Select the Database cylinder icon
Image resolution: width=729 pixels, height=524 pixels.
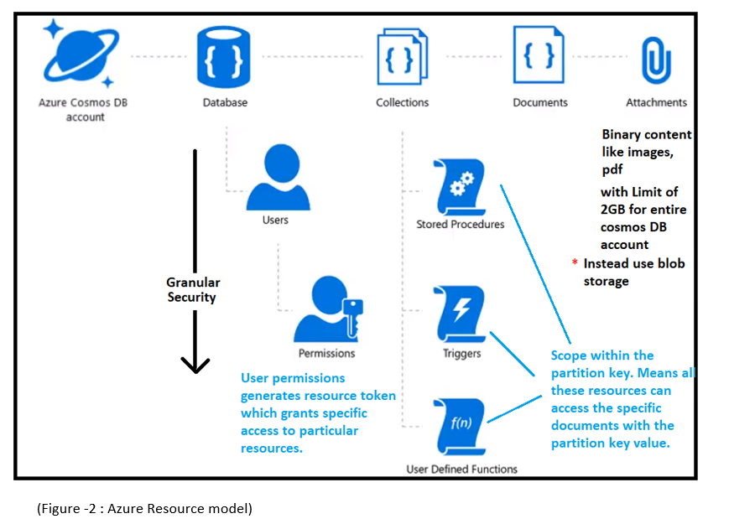click(x=225, y=56)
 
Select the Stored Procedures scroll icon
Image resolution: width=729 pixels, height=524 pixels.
click(x=460, y=186)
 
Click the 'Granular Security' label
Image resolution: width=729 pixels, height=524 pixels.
click(x=191, y=290)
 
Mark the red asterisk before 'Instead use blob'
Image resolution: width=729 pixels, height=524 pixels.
click(x=575, y=263)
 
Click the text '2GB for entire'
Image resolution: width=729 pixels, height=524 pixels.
click(x=638, y=210)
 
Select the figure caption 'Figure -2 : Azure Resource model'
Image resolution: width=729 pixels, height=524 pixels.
click(x=144, y=508)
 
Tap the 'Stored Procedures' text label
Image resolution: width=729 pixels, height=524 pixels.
click(x=460, y=225)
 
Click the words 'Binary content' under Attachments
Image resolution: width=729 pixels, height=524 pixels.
click(x=646, y=135)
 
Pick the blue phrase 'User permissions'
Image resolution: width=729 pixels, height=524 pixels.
click(x=293, y=378)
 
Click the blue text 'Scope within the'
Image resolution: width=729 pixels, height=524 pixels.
click(x=601, y=355)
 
